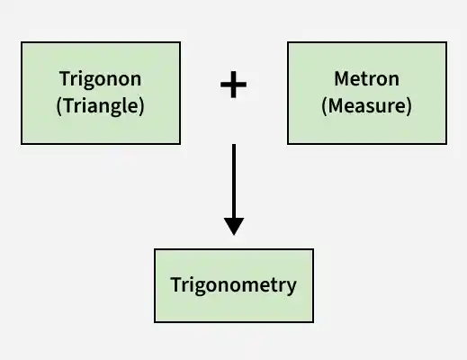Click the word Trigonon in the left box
pos(100,80)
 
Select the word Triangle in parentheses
pos(100,105)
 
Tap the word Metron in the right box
pos(366,78)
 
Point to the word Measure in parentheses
pos(366,105)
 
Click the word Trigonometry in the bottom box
pos(233,285)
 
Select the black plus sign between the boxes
pos(233,85)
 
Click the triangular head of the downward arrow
pos(234,227)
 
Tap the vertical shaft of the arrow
pos(234,181)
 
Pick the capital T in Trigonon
pos(65,78)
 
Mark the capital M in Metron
pos(342,78)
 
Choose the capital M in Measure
pos(336,105)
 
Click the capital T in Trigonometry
pos(176,284)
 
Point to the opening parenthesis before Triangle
pos(59,106)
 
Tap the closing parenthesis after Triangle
pos(141,106)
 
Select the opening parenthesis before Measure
pos(324,106)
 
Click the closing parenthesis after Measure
pos(409,106)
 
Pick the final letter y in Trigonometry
pos(291,288)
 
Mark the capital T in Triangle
pos(69,105)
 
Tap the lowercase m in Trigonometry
pos(248,286)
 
